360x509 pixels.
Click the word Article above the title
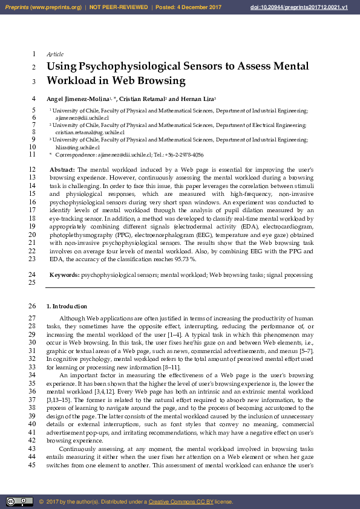coord(55,54)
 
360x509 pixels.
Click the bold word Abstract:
coord(62,170)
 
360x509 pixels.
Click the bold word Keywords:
coord(64,275)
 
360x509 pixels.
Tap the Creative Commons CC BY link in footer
coord(175,502)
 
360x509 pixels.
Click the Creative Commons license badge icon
coord(19,502)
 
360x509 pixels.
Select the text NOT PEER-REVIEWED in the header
coord(118,7)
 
